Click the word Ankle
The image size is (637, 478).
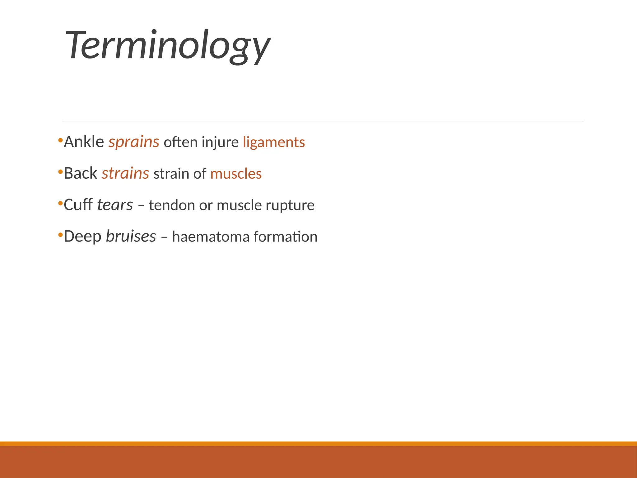84,142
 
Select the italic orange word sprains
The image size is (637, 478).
134,143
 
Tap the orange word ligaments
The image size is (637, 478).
274,143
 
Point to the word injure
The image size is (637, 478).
220,143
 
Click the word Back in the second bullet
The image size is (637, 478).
80,173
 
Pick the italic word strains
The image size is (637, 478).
125,173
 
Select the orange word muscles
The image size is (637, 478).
236,174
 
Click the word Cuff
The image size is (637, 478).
78,205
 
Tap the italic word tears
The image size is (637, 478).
115,205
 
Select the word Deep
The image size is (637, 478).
82,237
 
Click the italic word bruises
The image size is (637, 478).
131,236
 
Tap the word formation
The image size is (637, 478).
286,237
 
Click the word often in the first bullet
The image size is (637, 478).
180,142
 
